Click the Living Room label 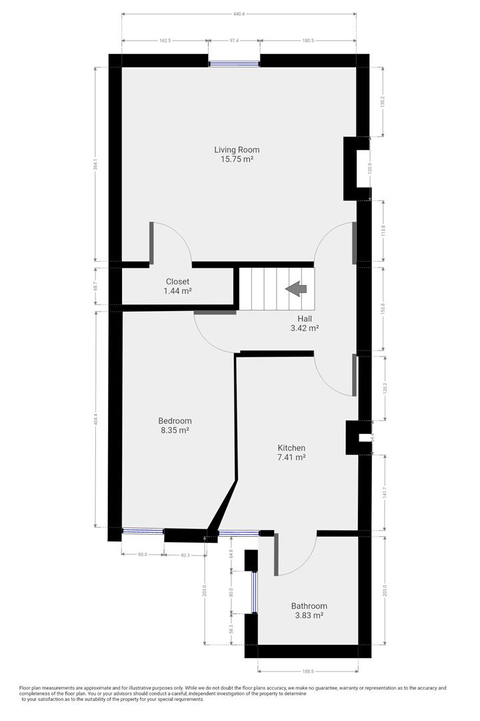coord(237,150)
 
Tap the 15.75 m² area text coord(237,160)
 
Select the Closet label coord(177,282)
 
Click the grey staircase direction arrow coord(296,288)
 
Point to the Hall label coord(305,318)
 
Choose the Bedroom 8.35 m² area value coord(175,431)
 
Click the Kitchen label coord(291,447)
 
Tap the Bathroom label coord(309,606)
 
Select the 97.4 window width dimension coord(233,41)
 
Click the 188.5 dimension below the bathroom coord(307,672)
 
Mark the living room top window coord(234,64)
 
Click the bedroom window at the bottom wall coord(143,531)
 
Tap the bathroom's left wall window coord(254,591)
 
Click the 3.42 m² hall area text coord(305,328)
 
